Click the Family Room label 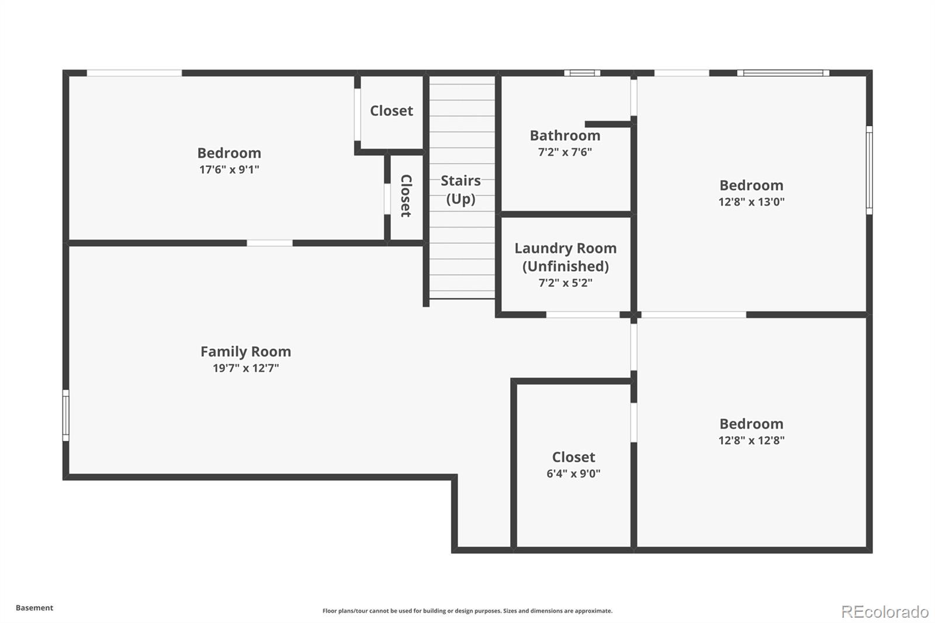[246, 352]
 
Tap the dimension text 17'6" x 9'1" [229, 169]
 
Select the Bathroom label [565, 136]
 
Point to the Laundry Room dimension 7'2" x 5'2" [566, 283]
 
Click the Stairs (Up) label [461, 189]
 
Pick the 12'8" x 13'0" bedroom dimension [752, 202]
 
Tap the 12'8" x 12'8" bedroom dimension [752, 440]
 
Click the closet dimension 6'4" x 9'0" [573, 473]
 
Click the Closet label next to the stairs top [392, 110]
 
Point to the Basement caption [34, 608]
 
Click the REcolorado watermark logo [885, 612]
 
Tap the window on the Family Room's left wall [66, 415]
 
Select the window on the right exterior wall [869, 171]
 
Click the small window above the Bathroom [582, 73]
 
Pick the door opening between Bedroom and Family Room [269, 243]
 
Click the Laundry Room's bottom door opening [583, 314]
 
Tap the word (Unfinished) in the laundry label [566, 266]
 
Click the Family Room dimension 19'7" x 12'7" [246, 368]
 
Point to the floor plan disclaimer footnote [467, 611]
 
